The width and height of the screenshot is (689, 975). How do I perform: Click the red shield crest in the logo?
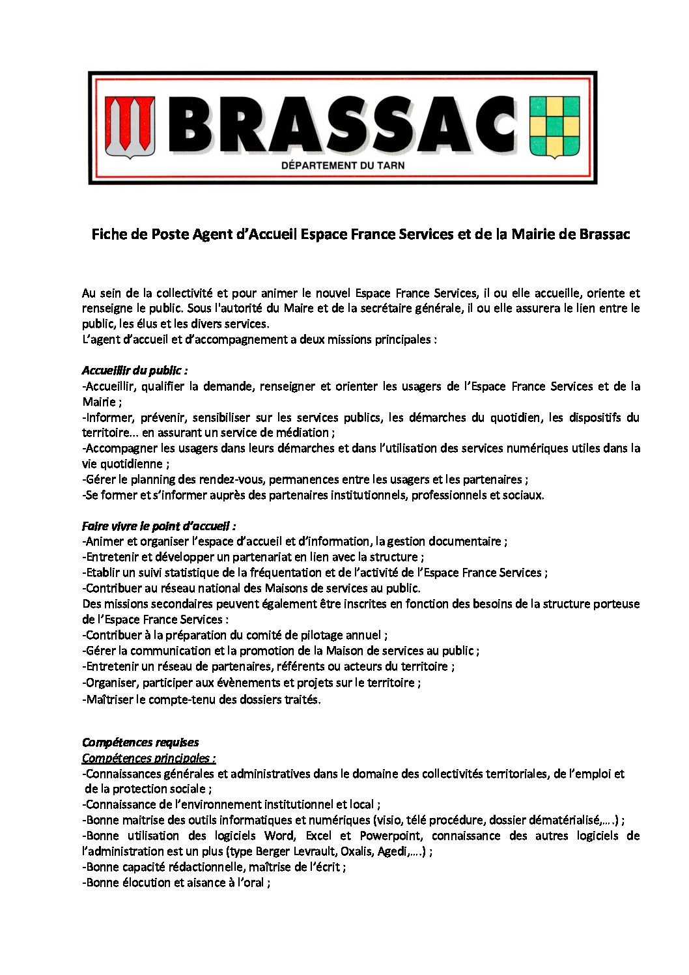(130, 127)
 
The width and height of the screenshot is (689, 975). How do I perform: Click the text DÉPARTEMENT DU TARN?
(343, 165)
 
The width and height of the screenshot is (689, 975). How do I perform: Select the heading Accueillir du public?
(135, 371)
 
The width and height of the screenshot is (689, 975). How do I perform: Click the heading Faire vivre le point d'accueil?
(159, 526)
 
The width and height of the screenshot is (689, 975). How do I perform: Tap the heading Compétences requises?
(140, 742)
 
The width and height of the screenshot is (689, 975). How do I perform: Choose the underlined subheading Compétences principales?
(148, 758)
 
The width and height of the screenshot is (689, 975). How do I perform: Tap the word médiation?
(305, 432)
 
